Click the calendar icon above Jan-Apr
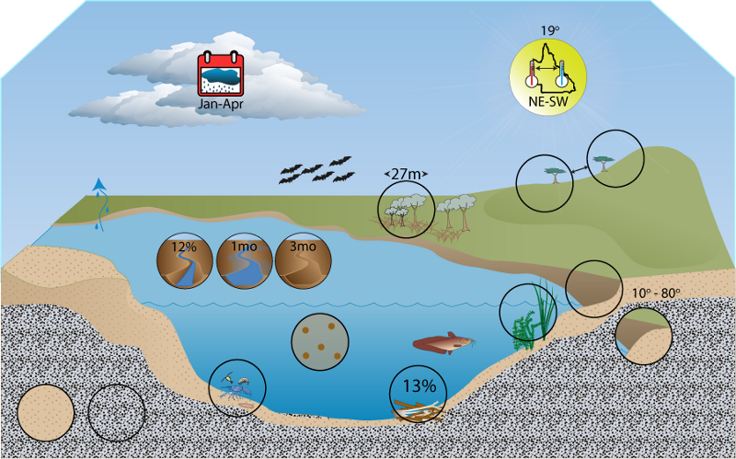[x=221, y=75]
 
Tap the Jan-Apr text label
[x=221, y=104]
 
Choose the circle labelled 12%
[x=185, y=260]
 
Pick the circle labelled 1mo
[x=244, y=260]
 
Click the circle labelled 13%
[x=419, y=395]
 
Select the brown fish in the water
[x=443, y=345]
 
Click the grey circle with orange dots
[x=320, y=341]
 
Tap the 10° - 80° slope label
[x=656, y=293]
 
